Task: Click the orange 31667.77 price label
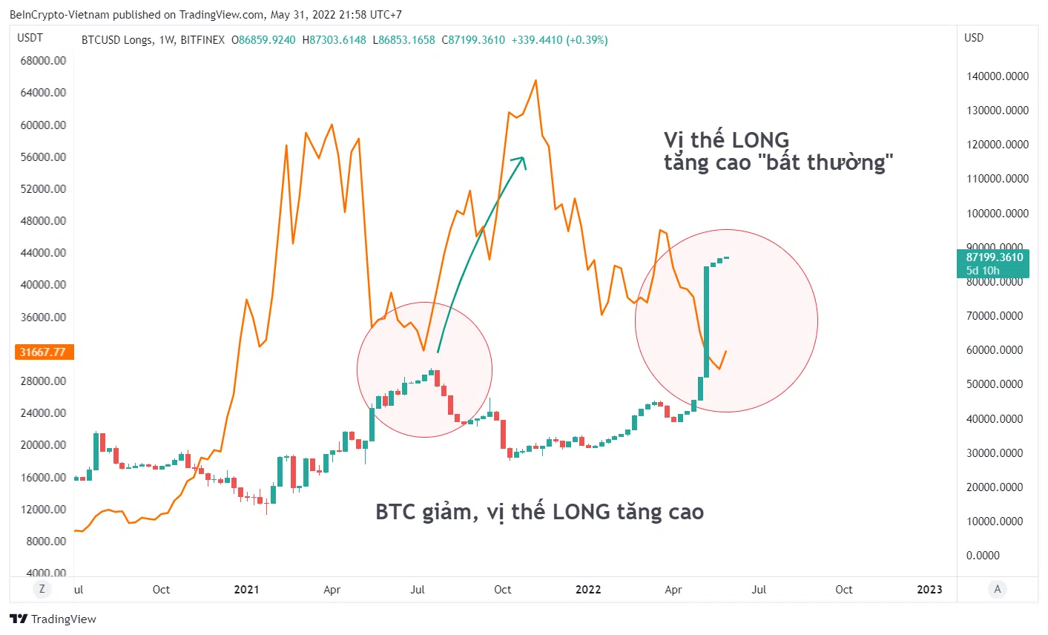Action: click(43, 352)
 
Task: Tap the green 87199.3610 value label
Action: click(994, 258)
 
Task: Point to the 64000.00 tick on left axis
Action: click(43, 93)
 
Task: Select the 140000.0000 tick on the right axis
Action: click(998, 76)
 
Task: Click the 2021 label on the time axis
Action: click(246, 590)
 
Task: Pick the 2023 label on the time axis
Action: click(929, 590)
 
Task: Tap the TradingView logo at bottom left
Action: click(53, 619)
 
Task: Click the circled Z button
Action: click(42, 589)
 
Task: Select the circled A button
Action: click(998, 589)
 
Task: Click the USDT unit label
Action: click(30, 38)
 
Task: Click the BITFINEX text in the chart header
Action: click(202, 40)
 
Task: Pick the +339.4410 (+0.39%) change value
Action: click(559, 40)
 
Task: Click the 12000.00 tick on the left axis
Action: click(43, 510)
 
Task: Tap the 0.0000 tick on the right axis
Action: click(983, 556)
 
